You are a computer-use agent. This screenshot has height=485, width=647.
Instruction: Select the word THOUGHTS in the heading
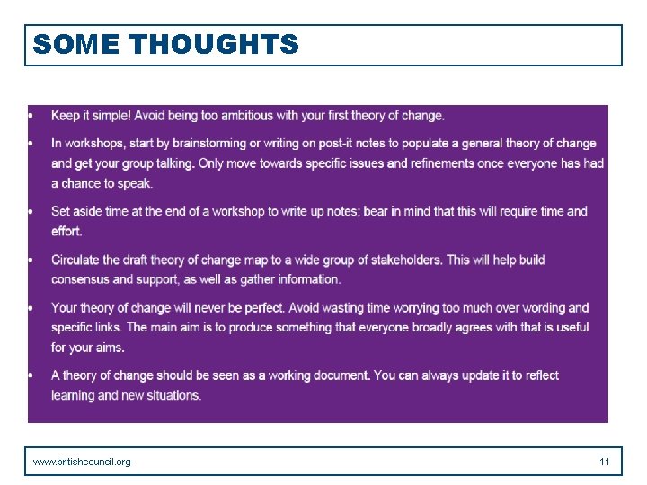click(214, 44)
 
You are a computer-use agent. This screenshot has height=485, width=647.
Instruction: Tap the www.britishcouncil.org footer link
click(82, 462)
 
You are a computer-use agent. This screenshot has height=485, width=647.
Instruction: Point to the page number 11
click(605, 462)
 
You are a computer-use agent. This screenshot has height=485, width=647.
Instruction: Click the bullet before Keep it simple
click(31, 115)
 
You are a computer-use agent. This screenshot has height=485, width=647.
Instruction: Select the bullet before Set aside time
click(31, 211)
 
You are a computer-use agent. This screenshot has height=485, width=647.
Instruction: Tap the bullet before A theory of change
click(31, 375)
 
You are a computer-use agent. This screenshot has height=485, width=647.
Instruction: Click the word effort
click(67, 231)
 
